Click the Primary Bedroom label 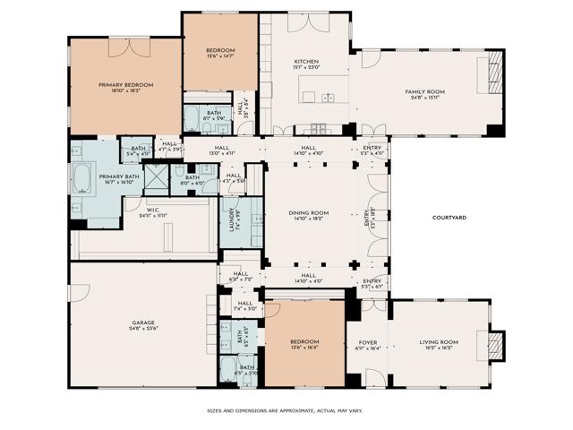125,85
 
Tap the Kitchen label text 305,62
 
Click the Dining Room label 308,212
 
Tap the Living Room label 439,342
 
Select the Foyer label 368,342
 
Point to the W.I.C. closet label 153,211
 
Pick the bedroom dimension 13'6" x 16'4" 304,349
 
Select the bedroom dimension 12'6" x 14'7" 220,57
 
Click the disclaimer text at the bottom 286,411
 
